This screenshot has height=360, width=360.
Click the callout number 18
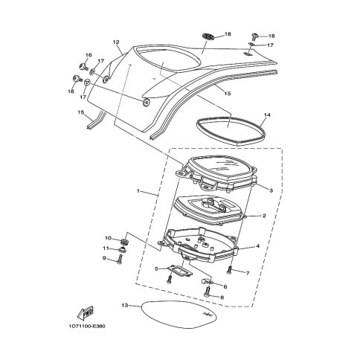[228, 34]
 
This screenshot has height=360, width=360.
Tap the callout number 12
[116, 42]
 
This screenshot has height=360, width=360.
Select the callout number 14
[267, 115]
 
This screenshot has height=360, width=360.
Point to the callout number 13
[125, 306]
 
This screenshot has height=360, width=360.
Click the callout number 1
[138, 191]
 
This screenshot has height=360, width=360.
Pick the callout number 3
[271, 190]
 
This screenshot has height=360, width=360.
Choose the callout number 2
[264, 216]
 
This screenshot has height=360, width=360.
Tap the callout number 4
[258, 246]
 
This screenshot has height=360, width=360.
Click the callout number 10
[109, 238]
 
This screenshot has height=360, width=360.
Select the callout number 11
[106, 248]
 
